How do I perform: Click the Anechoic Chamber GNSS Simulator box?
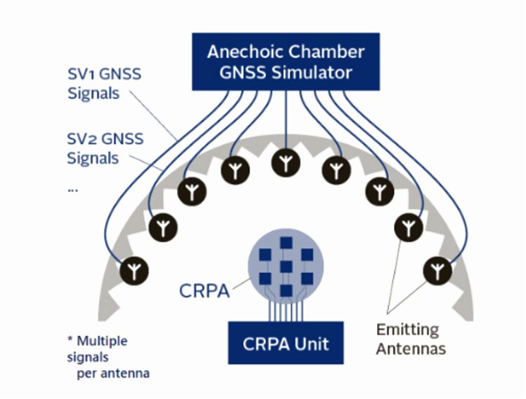[286, 61]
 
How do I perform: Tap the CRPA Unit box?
[286, 343]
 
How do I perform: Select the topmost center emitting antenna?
[286, 162]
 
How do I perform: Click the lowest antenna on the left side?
[134, 271]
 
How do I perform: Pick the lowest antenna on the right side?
[437, 270]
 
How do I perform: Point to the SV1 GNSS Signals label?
[104, 83]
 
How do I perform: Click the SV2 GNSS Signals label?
[105, 148]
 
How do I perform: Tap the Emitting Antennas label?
[411, 339]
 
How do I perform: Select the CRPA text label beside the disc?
[204, 291]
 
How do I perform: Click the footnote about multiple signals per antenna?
[108, 357]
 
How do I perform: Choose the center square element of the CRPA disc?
[286, 267]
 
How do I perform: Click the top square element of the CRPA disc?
[286, 243]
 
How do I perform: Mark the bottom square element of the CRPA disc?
[286, 291]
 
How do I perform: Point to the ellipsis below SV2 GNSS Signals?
[73, 190]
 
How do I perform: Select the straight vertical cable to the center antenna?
[286, 120]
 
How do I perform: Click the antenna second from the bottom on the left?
[163, 227]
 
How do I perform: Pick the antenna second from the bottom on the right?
[408, 227]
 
